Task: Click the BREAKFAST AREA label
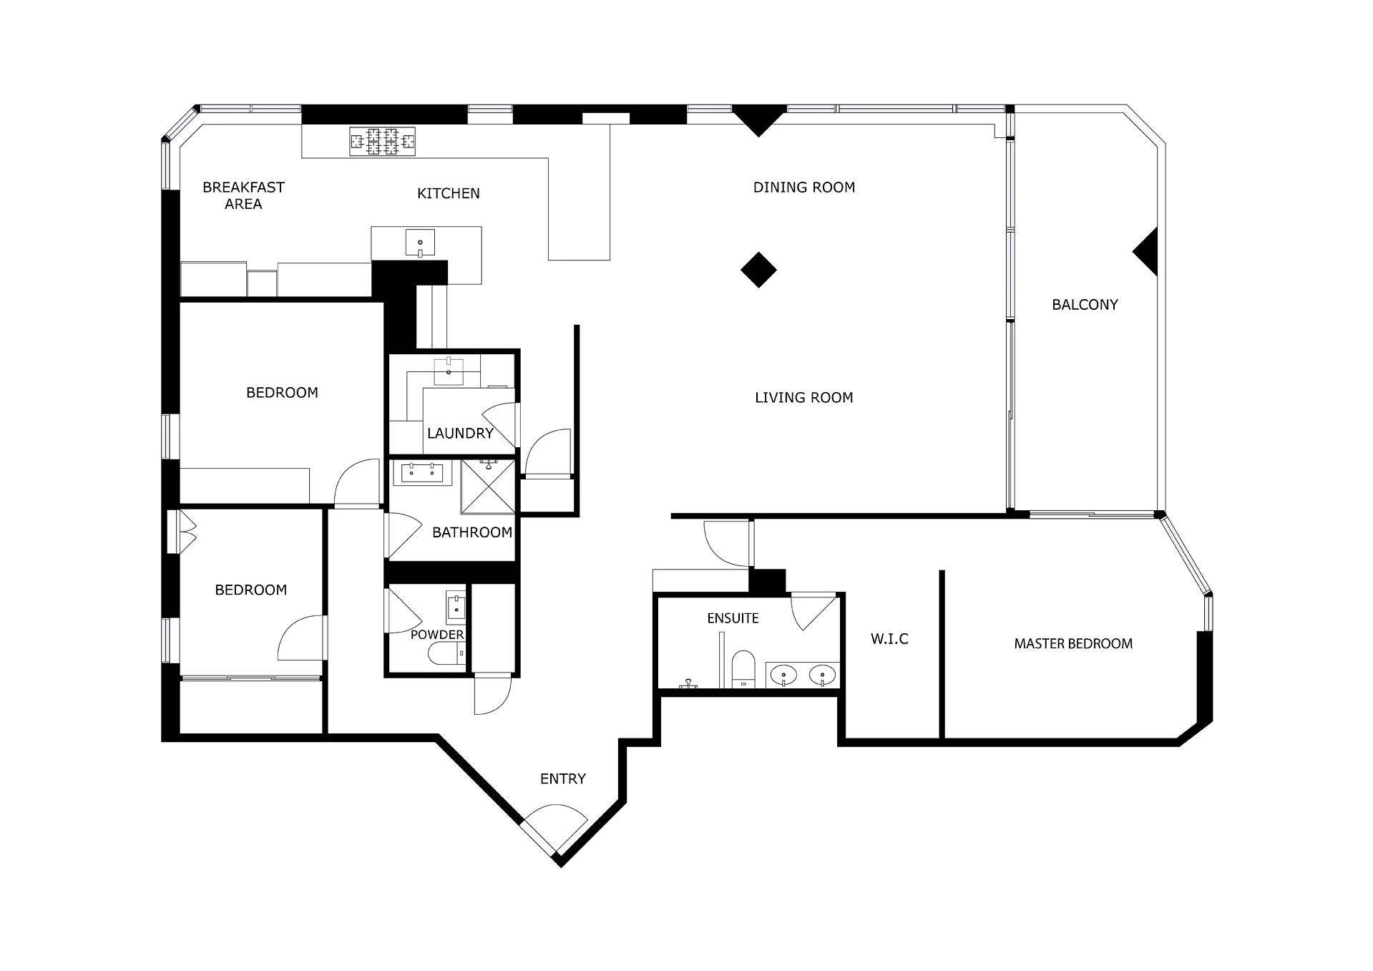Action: [243, 195]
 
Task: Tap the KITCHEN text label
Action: [449, 193]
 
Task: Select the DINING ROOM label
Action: [804, 187]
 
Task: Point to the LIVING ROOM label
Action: [804, 398]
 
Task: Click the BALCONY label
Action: [1085, 305]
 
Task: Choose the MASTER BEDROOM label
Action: [1073, 644]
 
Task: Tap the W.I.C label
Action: [889, 639]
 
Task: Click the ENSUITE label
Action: [733, 618]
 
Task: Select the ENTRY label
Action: [563, 779]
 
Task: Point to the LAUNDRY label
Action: [460, 433]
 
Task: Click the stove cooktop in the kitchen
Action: [382, 142]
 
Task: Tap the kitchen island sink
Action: [420, 243]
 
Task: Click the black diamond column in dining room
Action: [758, 270]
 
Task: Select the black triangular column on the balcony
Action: [1148, 252]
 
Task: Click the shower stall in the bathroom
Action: [488, 487]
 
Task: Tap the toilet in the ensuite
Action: [743, 669]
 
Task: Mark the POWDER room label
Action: [437, 635]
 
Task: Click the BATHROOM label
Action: [472, 532]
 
